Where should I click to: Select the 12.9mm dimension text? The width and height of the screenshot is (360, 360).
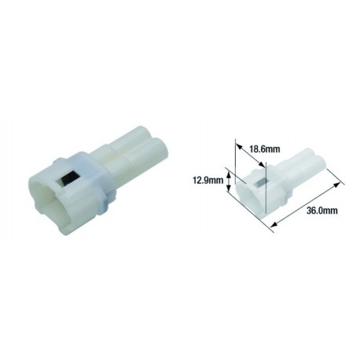[206, 179]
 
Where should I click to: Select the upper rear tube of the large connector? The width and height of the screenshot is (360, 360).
[134, 141]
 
